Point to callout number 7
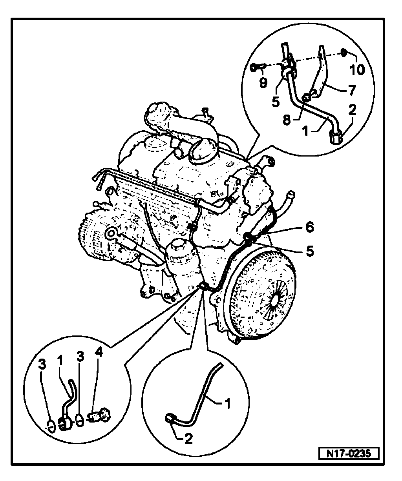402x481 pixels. [x=351, y=90]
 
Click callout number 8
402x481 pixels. [x=287, y=120]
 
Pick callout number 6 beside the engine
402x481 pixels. [x=310, y=227]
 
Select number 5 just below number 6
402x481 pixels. [x=310, y=251]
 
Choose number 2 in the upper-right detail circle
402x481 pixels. [x=352, y=110]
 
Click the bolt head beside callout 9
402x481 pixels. [x=254, y=67]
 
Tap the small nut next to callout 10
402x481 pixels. [x=342, y=52]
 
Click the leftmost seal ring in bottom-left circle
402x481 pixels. [x=50, y=425]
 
